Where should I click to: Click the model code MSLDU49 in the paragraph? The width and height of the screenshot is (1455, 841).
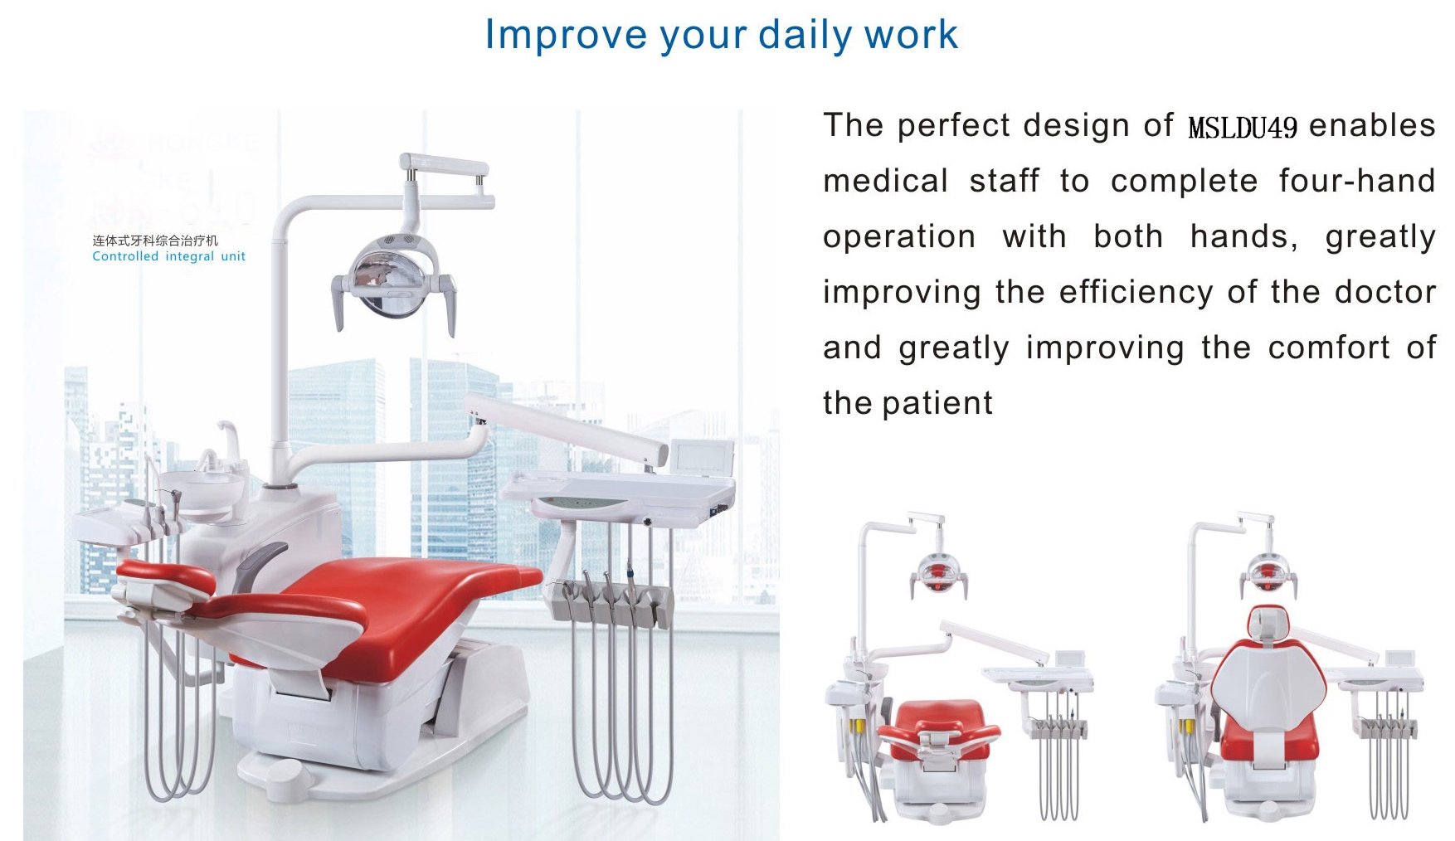tap(1243, 128)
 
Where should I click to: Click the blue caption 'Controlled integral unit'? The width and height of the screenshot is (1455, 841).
tap(168, 256)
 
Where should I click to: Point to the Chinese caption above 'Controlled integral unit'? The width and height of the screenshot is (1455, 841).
tap(155, 241)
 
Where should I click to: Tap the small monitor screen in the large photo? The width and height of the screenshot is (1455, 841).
tap(702, 459)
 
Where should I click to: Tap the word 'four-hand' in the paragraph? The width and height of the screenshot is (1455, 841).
tap(1357, 181)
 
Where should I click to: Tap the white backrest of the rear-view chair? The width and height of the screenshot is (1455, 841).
tap(1267, 688)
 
